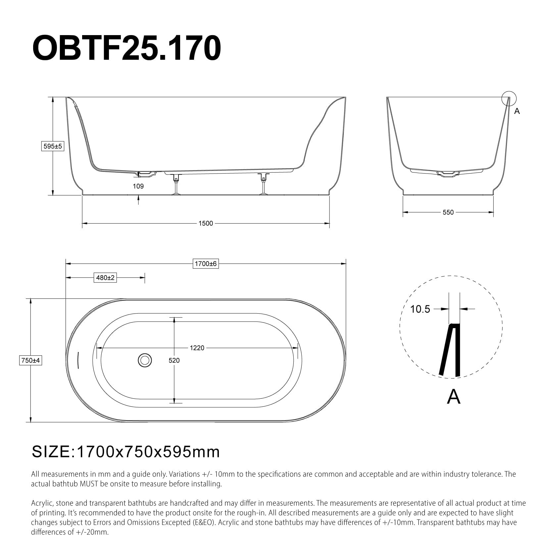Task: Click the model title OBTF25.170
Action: click(126, 48)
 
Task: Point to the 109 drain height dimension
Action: click(138, 186)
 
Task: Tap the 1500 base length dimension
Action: click(205, 223)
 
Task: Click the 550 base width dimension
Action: click(448, 212)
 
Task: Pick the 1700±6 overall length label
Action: click(206, 264)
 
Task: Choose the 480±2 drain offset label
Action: click(105, 277)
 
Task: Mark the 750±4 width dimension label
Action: click(30, 360)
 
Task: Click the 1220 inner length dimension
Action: click(197, 348)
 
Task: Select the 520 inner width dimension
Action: click(174, 360)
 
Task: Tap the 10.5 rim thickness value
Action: click(420, 309)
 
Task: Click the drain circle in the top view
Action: click(144, 360)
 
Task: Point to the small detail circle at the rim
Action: click(509, 98)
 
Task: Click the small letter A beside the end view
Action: click(517, 112)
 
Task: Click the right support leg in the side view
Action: click(264, 185)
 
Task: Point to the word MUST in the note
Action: click(89, 484)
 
